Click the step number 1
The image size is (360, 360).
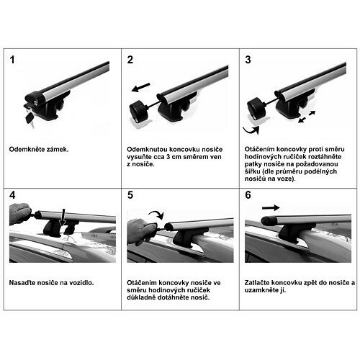click(x=12, y=60)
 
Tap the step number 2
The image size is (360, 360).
click(x=130, y=60)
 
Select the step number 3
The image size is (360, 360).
click(x=248, y=60)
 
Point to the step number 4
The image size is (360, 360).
click(x=12, y=195)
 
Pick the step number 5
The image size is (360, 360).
click(x=130, y=195)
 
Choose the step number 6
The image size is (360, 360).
click(x=248, y=195)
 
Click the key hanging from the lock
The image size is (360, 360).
click(x=30, y=118)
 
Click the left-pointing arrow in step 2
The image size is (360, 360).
click(x=140, y=87)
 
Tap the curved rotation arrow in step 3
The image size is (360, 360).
click(x=251, y=130)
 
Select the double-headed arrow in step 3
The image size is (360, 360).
click(x=307, y=117)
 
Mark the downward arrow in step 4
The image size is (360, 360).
click(x=63, y=217)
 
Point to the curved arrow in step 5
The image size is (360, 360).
click(x=156, y=215)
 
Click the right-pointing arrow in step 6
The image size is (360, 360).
click(x=271, y=207)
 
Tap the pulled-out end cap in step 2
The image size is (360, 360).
click(x=138, y=112)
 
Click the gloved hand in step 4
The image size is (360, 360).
click(x=19, y=213)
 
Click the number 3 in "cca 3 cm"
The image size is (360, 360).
click(x=168, y=157)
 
